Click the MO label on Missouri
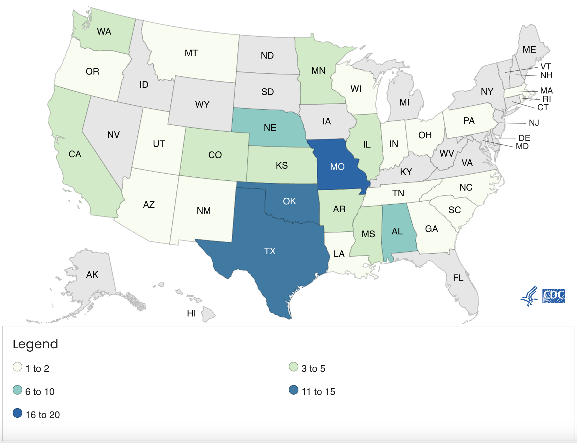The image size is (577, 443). (x=337, y=167)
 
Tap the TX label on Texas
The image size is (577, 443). (x=270, y=251)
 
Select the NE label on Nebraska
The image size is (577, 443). (x=270, y=128)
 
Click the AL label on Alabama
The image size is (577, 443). (x=397, y=231)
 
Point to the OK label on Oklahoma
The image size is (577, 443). (x=289, y=201)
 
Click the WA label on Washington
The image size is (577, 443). (x=104, y=32)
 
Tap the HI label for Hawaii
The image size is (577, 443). (x=191, y=313)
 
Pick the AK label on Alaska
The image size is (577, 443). (x=92, y=274)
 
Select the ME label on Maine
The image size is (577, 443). (x=529, y=50)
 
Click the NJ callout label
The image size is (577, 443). (x=534, y=123)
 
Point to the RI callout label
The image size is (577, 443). (x=547, y=99)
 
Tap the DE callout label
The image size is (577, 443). (x=524, y=138)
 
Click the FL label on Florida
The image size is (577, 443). (x=458, y=278)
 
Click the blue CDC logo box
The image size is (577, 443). (x=554, y=296)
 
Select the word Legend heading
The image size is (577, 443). (x=35, y=344)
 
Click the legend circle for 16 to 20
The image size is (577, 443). (x=17, y=413)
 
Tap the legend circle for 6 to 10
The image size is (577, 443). (x=17, y=390)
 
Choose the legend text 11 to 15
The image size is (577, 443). (x=318, y=392)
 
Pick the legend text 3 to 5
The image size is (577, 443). (x=313, y=368)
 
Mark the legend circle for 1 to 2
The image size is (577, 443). (x=17, y=367)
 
